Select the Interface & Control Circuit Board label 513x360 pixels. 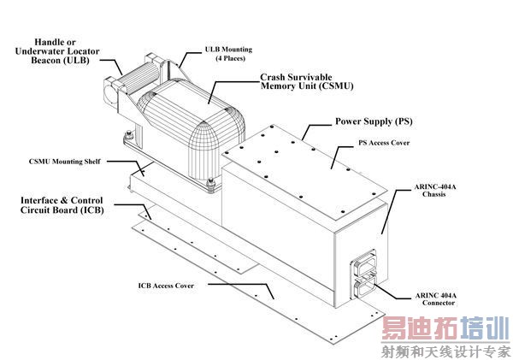coord(60,205)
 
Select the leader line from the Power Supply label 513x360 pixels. coord(317,127)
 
